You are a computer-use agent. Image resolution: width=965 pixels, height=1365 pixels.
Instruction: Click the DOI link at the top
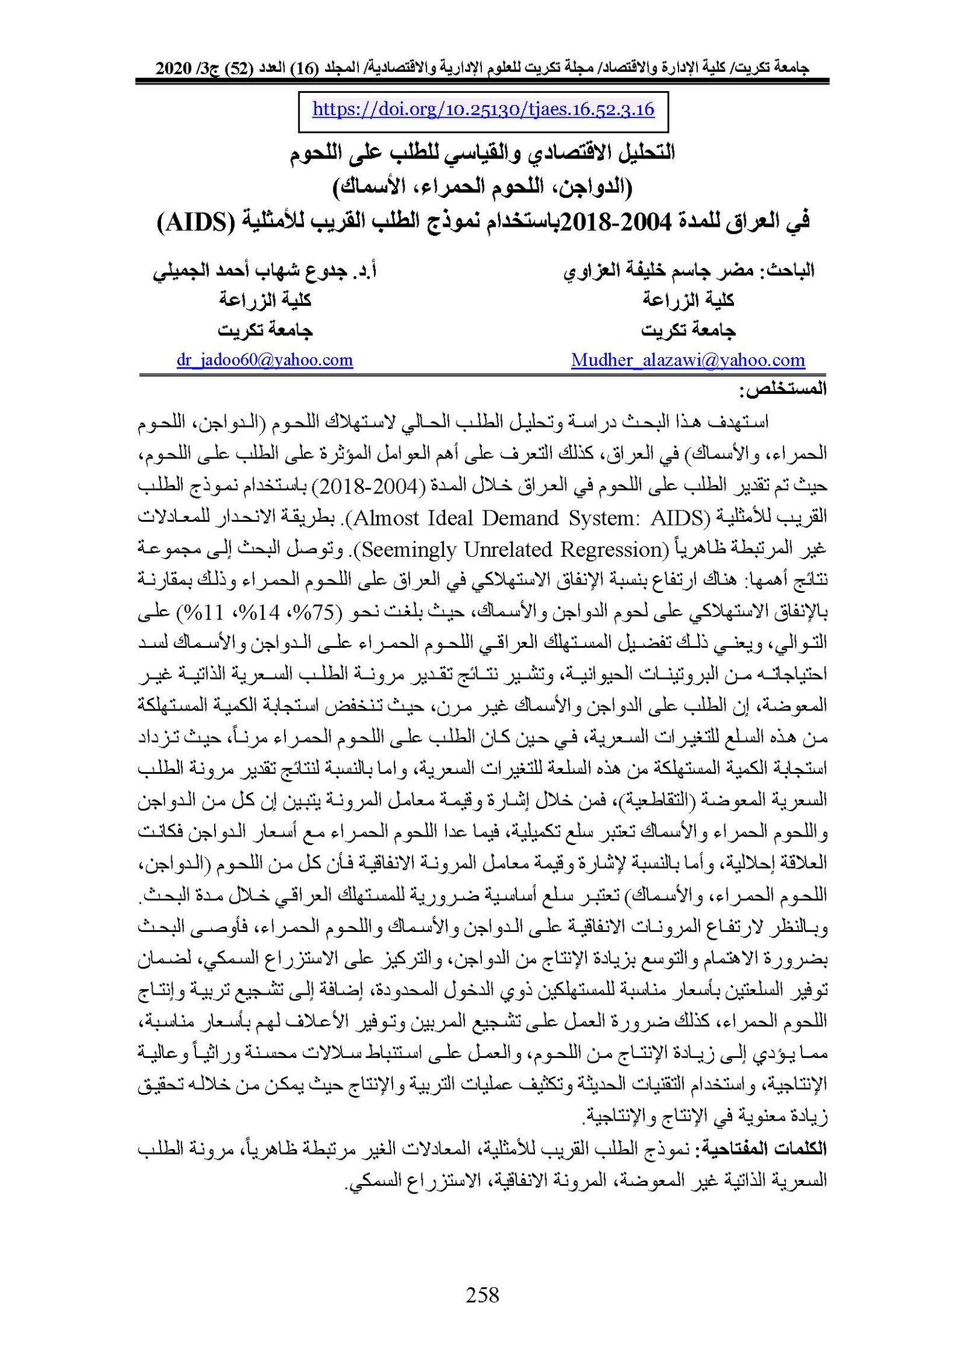pyautogui.click(x=483, y=110)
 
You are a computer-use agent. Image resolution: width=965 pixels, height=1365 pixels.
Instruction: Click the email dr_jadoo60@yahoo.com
pyautogui.click(x=264, y=360)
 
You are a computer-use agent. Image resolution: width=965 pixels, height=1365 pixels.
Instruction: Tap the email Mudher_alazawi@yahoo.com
pyautogui.click(x=688, y=360)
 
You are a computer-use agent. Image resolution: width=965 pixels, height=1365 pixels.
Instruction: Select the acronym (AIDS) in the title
pyautogui.click(x=195, y=223)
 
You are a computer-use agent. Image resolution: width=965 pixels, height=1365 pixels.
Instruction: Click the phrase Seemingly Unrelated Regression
pyautogui.click(x=512, y=549)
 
